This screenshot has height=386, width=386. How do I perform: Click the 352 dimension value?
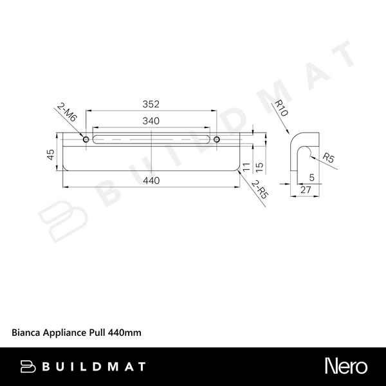click(x=151, y=104)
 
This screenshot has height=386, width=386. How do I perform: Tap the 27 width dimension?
click(x=306, y=190)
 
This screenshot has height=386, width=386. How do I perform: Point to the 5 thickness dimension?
click(x=311, y=176)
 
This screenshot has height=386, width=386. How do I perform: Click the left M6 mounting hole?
click(x=86, y=139)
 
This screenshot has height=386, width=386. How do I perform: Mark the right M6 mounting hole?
click(x=217, y=139)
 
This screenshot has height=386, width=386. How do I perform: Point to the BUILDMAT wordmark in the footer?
click(x=95, y=367)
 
